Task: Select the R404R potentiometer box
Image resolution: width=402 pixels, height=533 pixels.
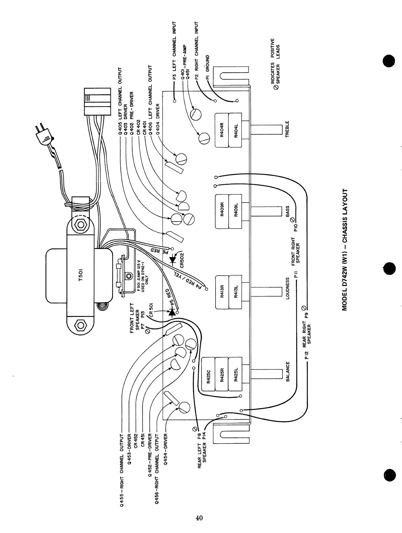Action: [222, 131]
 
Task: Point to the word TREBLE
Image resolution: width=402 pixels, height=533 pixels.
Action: [287, 129]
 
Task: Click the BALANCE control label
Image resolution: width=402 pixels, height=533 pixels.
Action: [287, 372]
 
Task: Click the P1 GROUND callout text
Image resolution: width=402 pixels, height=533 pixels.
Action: [208, 68]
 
